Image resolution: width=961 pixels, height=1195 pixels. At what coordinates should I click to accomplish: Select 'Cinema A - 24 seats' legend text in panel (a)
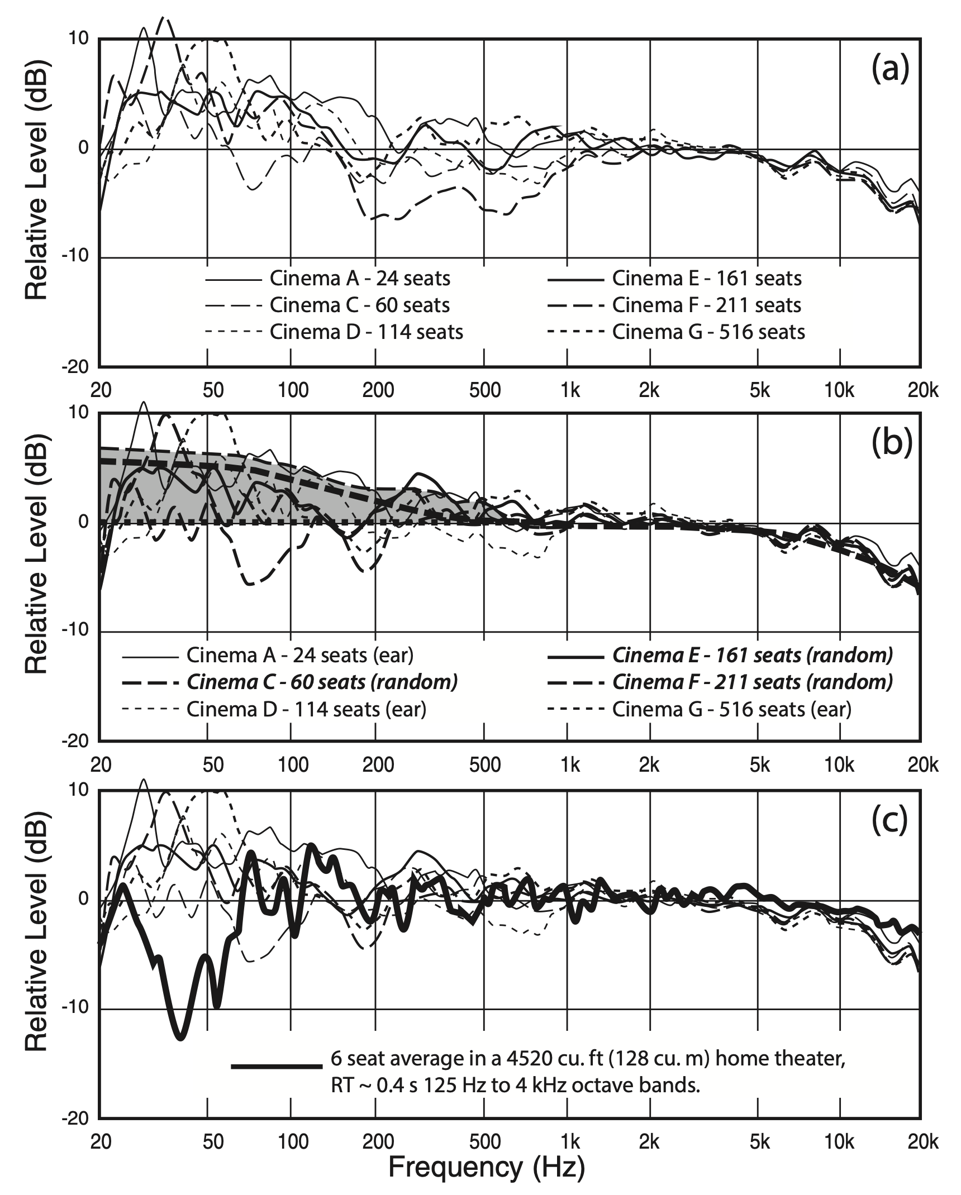[x=360, y=278]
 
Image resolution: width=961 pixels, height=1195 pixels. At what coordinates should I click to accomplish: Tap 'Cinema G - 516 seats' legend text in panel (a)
[x=708, y=332]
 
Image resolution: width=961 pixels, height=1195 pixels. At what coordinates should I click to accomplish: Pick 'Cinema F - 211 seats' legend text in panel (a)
[x=707, y=305]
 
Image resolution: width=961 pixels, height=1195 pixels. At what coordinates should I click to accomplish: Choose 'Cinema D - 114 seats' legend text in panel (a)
[x=367, y=332]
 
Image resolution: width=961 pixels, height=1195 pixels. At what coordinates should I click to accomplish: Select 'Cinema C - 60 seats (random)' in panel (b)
[x=322, y=682]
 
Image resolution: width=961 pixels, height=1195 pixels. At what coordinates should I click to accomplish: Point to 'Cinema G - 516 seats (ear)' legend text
[x=732, y=709]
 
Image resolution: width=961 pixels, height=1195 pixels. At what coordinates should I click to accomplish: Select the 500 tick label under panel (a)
[x=484, y=390]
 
